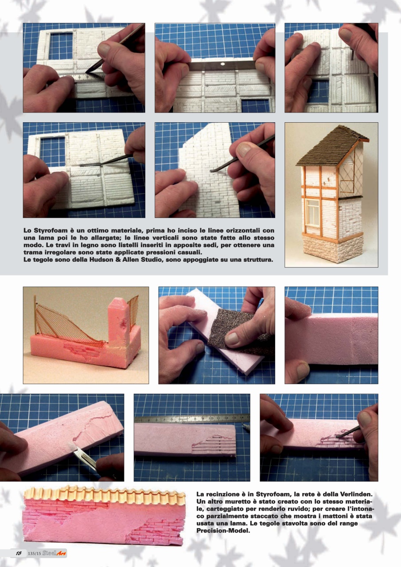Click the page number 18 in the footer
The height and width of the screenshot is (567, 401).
click(x=19, y=553)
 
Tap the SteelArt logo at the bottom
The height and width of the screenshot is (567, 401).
click(x=54, y=553)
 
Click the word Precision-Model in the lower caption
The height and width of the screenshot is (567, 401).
click(x=223, y=531)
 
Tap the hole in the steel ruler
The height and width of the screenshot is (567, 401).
click(x=222, y=64)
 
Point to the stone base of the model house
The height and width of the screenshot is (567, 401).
click(x=332, y=247)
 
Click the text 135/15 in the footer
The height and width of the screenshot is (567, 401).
click(x=34, y=553)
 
